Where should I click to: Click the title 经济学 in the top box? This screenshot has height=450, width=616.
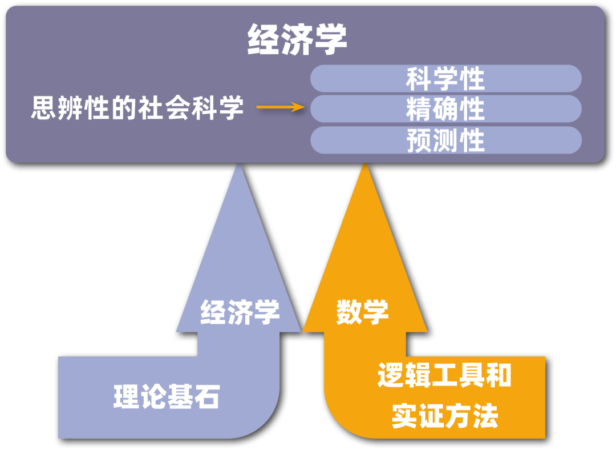click(297, 41)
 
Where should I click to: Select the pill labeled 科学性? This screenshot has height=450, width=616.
click(445, 79)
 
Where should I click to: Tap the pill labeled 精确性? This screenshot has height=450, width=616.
click(445, 109)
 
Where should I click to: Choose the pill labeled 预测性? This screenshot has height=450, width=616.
click(445, 140)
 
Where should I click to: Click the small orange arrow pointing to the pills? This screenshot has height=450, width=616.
click(280, 107)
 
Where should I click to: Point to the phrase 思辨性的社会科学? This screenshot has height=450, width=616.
click(137, 107)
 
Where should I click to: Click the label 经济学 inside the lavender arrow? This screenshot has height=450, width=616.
click(240, 312)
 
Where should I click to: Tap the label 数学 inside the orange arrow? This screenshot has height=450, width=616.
click(362, 312)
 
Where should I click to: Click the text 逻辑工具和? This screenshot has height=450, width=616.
click(444, 376)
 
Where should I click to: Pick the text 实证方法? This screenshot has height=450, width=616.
click(444, 416)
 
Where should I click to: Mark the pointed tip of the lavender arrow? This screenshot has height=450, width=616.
click(238, 166)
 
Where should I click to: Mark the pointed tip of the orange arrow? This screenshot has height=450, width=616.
click(364, 166)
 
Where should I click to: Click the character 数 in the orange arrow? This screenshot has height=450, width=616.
click(349, 312)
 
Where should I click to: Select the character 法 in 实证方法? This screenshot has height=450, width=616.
click(485, 416)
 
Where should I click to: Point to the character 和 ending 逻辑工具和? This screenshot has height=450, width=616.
click(498, 376)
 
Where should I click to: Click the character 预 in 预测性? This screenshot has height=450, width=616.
click(419, 140)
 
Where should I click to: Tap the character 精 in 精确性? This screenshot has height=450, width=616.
click(419, 109)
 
